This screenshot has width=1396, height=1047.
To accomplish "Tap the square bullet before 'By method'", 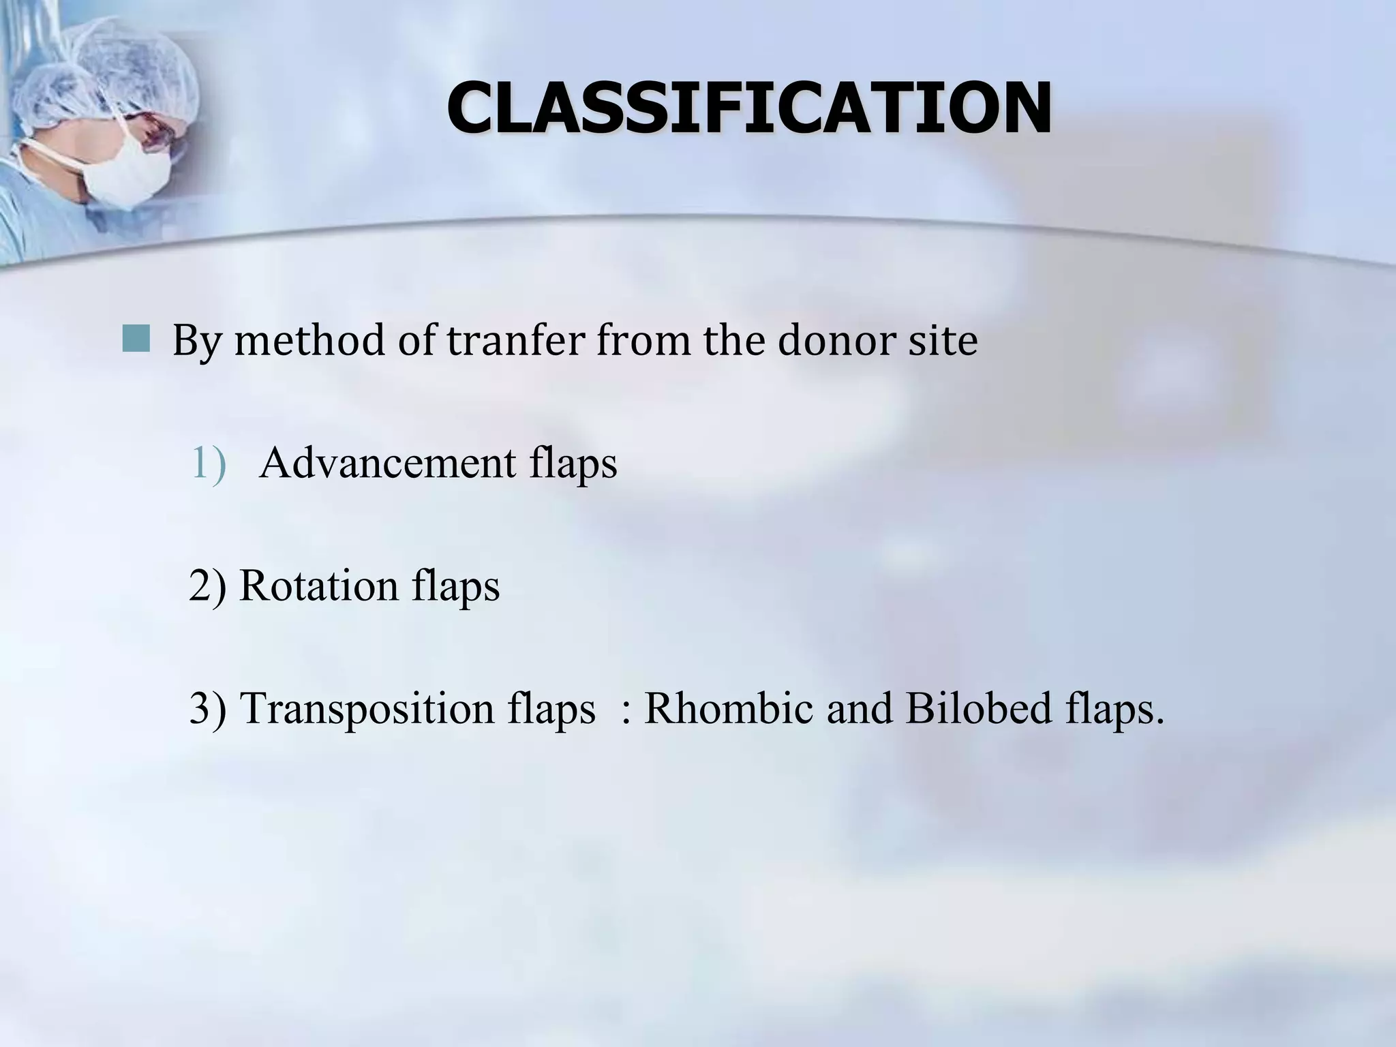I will pos(136,339).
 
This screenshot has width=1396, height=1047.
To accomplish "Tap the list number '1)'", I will pos(207,464).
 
